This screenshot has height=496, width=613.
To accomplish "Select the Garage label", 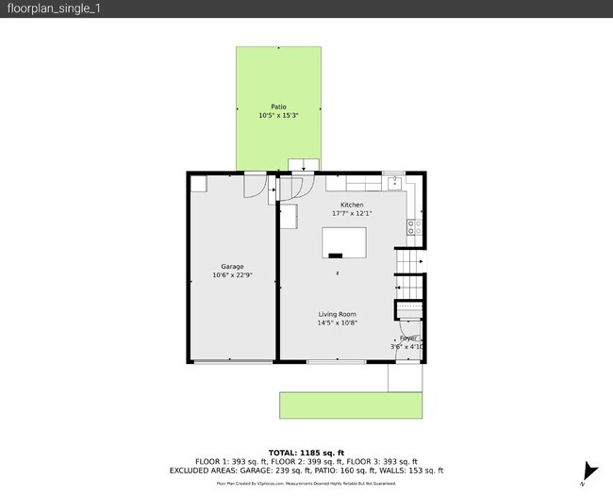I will coord(232,267).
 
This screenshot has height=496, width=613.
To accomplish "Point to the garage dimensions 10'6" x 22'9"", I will coord(232,276).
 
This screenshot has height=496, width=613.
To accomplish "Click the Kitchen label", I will coord(352,205).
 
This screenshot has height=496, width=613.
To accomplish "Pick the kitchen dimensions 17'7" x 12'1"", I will coord(352,213).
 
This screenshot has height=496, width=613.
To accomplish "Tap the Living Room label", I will coord(337,314).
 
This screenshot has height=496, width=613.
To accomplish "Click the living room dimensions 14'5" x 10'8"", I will coord(337,323).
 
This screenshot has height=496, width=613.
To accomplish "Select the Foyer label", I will coord(407,338).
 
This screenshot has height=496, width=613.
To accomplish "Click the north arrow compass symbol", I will coord(590,471).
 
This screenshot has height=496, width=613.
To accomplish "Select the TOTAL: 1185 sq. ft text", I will coord(306,453).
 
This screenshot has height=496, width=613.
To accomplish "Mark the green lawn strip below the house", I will coord(350,405).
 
